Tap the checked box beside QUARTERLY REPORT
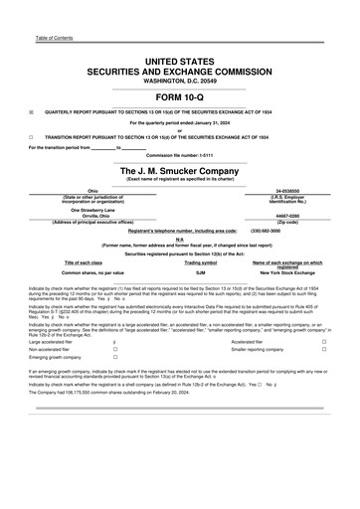pyautogui.click(x=32, y=113)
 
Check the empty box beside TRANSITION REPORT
pyautogui.click(x=32, y=136)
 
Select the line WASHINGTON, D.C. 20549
pyautogui.click(x=180, y=81)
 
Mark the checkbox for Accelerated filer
pyautogui.click(x=324, y=341)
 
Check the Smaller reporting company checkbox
pyautogui.click(x=324, y=350)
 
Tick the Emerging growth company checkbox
pyautogui.click(x=115, y=359)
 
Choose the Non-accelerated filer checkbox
pyautogui.click(x=115, y=350)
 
